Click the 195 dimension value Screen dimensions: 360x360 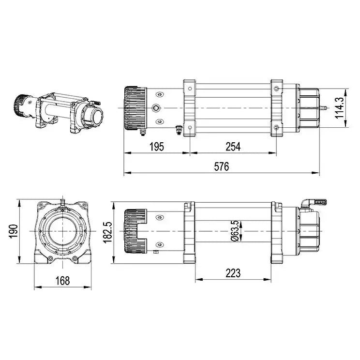click(x=157, y=146)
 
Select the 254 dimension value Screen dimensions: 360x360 click(x=232, y=146)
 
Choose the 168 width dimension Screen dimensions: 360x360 click(x=62, y=280)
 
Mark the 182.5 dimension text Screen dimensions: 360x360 click(x=107, y=231)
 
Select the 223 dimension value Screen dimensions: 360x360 click(x=232, y=273)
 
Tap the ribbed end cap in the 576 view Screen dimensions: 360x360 click(x=135, y=107)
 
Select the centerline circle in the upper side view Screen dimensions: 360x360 click(x=156, y=107)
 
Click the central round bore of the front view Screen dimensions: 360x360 click(x=62, y=231)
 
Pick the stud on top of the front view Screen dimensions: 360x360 click(x=62, y=200)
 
